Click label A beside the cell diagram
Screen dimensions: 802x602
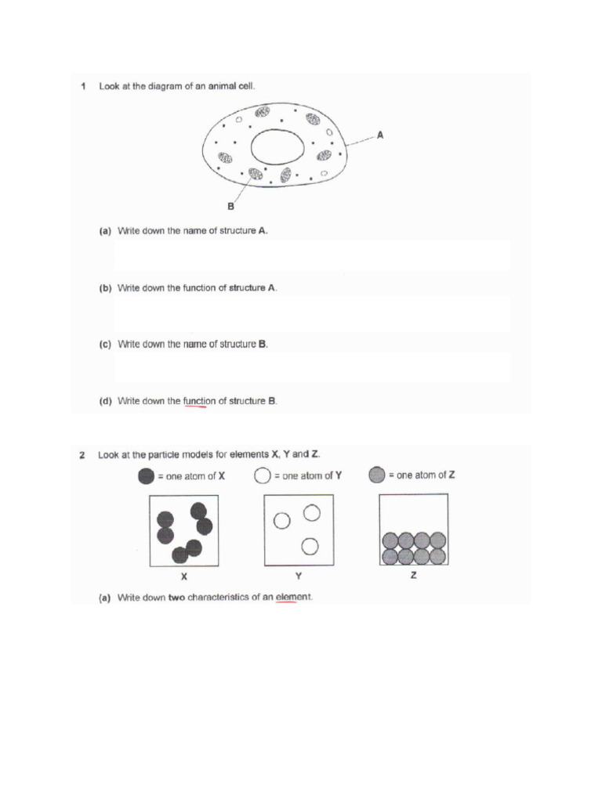(380, 135)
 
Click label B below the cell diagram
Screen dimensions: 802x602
(231, 207)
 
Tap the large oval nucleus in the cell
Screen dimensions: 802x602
(277, 149)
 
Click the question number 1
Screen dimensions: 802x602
(83, 86)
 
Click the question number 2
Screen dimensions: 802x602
(83, 454)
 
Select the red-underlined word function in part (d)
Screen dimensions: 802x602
(199, 401)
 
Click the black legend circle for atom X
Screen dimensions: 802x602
(147, 475)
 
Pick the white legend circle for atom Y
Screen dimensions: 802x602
(263, 475)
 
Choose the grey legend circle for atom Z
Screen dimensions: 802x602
(377, 475)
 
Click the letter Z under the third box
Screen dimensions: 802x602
(413, 576)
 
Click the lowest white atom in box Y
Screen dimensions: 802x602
(310, 545)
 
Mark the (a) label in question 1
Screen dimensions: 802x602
(104, 232)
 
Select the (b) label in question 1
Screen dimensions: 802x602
(104, 288)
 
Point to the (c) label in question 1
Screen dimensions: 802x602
(104, 345)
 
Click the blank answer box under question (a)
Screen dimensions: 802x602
(312, 255)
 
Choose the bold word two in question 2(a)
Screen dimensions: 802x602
(177, 598)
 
